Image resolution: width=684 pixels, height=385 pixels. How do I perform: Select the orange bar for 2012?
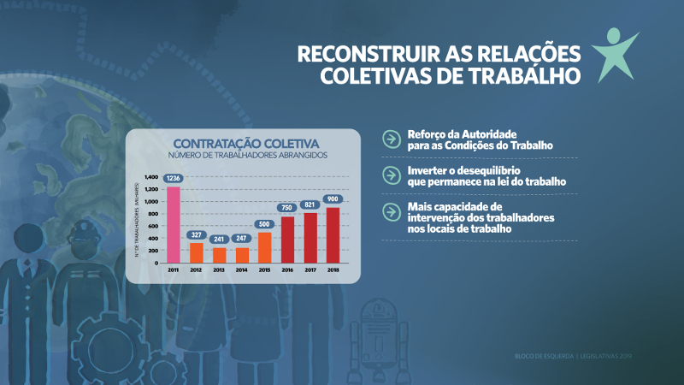196,252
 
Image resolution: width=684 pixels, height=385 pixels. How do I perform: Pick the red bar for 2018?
333,234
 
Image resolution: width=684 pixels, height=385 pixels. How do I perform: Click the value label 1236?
173,178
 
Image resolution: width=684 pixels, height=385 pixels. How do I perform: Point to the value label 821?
310,204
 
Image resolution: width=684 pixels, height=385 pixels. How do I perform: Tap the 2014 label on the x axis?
241,269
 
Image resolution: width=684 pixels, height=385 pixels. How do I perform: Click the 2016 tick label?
287,269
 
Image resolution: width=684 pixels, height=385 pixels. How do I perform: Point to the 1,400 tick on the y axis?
151,177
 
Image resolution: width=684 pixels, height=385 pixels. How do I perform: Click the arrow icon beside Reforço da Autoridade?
391,139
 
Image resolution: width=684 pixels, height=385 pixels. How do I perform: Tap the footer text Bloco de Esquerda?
544,356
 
